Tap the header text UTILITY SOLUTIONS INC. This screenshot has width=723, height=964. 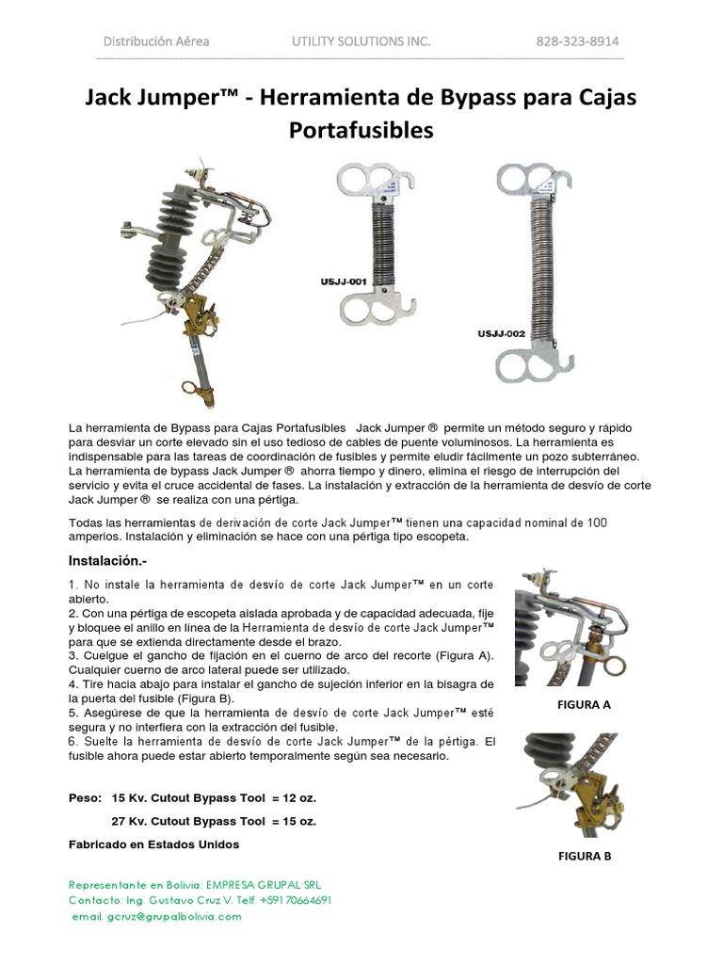tap(361, 41)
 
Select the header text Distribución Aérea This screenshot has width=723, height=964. tap(156, 41)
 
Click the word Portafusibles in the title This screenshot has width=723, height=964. tap(361, 130)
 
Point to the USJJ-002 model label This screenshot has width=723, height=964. tap(501, 332)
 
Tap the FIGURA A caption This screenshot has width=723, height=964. tap(584, 704)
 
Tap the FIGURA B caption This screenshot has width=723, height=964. tap(585, 856)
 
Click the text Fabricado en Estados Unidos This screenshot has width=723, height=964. tap(154, 844)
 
